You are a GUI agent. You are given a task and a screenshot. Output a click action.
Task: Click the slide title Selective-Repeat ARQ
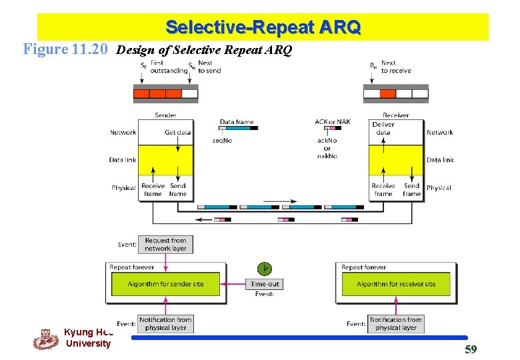point(263,27)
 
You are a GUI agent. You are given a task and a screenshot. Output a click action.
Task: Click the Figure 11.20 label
point(65,49)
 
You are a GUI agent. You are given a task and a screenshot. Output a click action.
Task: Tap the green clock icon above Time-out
point(265,269)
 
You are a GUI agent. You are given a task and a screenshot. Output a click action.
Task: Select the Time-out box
point(265,284)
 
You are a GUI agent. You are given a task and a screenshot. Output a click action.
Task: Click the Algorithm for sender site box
point(165,284)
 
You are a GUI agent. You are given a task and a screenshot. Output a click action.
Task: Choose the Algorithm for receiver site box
point(395,284)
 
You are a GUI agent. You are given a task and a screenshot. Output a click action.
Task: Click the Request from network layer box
point(165,244)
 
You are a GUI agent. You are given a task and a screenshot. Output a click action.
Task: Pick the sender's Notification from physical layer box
point(165,323)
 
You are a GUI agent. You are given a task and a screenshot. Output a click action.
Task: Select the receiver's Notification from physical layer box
point(396,323)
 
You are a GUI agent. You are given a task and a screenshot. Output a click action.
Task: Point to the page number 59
point(471,349)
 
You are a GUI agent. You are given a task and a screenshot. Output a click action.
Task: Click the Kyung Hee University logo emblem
point(46,339)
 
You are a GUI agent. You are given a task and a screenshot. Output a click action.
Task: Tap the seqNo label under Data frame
point(222,140)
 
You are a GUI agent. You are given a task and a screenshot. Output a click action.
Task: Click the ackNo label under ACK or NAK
point(327,141)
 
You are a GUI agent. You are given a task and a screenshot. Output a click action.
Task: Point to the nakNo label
point(327,156)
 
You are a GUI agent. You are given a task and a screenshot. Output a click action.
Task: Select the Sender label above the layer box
point(165,115)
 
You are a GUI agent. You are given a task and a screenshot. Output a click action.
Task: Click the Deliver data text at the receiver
point(383,128)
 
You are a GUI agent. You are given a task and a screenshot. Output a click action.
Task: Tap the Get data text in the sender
point(177,132)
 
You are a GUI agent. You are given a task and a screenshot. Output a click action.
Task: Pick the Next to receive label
point(396,67)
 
